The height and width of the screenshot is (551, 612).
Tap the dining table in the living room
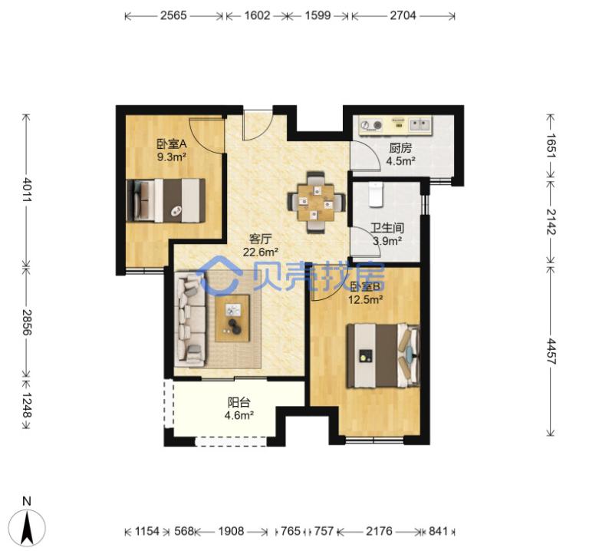click(316, 203)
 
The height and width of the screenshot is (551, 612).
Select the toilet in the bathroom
click(377, 194)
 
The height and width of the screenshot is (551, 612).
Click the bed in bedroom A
click(166, 200)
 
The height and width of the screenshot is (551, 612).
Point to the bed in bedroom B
click(383, 356)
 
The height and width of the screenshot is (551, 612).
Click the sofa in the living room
click(190, 320)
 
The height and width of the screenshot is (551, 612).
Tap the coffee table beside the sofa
click(232, 318)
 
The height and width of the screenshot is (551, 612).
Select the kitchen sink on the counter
click(420, 125)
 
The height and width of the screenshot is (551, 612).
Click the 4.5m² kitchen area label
click(400, 161)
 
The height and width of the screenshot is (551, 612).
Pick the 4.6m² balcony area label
click(239, 415)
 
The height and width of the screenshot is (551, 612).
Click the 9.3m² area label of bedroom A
click(171, 157)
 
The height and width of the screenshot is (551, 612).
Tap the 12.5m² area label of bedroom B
click(365, 299)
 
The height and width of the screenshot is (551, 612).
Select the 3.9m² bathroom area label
click(387, 241)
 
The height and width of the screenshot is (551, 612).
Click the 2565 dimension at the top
click(173, 15)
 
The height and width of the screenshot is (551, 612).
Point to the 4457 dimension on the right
click(551, 351)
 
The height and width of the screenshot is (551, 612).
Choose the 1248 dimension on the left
click(26, 405)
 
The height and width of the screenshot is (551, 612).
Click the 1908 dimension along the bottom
click(231, 531)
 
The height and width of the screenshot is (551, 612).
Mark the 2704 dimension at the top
click(403, 15)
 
